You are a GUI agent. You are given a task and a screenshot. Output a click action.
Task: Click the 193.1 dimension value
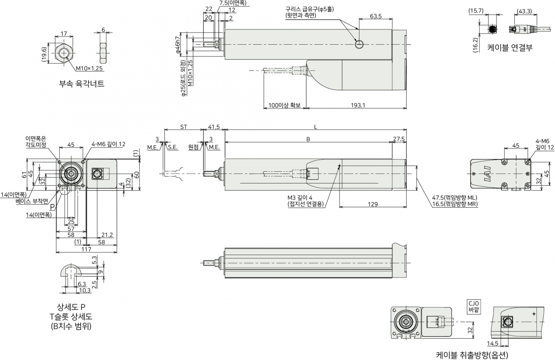(x=358, y=105)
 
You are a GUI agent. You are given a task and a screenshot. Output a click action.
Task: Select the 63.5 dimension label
(x=375, y=16)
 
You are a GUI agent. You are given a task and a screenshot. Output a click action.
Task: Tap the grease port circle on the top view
(x=359, y=45)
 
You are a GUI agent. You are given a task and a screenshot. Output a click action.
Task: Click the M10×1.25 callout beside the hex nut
(x=89, y=69)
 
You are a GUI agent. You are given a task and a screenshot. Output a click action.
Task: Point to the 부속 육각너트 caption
(x=82, y=84)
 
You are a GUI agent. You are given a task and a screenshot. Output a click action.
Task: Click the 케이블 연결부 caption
(x=510, y=47)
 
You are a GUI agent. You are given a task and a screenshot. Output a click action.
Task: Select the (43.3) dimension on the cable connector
(x=525, y=11)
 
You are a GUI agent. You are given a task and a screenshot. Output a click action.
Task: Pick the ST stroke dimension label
(x=183, y=127)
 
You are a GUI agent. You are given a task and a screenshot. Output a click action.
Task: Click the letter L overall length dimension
(x=315, y=127)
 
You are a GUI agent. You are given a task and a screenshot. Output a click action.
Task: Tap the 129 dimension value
(x=372, y=204)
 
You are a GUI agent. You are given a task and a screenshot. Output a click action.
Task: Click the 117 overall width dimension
(x=86, y=249)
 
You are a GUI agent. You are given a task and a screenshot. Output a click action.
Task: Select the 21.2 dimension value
(x=107, y=235)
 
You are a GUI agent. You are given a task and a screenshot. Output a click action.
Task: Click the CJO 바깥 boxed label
(x=474, y=307)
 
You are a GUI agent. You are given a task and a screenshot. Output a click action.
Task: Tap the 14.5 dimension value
(x=493, y=344)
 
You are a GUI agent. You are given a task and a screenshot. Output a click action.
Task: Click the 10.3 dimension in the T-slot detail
(x=85, y=290)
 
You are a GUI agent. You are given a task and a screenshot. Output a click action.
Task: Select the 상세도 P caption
(x=71, y=307)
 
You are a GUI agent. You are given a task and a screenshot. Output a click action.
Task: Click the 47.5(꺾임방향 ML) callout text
(x=455, y=198)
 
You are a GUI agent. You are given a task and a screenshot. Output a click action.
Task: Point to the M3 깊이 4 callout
(x=300, y=198)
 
